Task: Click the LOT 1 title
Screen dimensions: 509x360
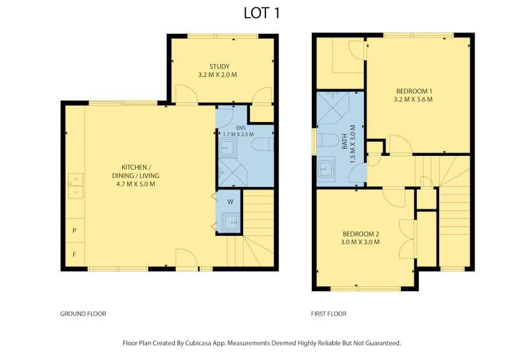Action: pos(261,13)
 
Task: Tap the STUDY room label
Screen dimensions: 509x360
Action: pos(220,67)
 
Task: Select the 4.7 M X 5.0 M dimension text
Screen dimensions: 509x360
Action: pos(136,184)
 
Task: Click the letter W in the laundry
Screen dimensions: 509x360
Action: pos(230,202)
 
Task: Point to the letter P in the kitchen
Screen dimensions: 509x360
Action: pos(74,231)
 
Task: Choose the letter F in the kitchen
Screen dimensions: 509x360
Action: pos(74,255)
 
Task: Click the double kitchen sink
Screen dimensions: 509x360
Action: pos(75,186)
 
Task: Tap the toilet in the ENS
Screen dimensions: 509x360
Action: pos(263,145)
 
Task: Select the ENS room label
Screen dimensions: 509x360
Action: pos(241,128)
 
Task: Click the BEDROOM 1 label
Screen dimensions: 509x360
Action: pos(414,91)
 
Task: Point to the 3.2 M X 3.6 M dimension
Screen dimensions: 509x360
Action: pos(413,100)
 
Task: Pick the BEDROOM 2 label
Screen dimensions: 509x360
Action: pos(361,234)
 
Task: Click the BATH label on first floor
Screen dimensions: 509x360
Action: pos(345,142)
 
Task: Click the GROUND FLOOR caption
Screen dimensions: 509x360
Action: pos(83,314)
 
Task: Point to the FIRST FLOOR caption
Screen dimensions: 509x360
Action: pos(329,314)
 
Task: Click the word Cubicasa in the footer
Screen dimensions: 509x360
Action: pos(197,343)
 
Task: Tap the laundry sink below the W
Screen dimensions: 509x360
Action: pos(231,223)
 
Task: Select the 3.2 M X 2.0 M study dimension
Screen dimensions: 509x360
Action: pos(218,75)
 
